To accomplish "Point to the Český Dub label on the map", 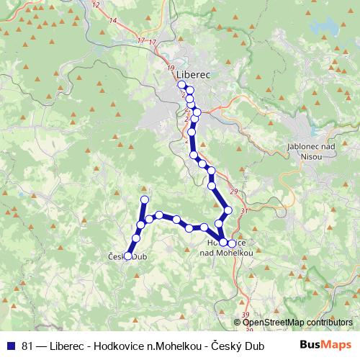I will tap(127, 256).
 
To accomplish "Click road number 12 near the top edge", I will tap(96, 5).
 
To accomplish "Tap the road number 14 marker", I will tap(112, 21).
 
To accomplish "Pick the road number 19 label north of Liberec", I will tap(170, 68).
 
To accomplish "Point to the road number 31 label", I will tap(243, 210).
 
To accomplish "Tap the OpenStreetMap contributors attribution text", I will tap(297, 322).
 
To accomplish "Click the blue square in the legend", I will tap(9, 345).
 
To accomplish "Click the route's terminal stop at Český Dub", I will tap(129, 255).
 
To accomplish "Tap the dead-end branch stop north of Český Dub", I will tap(144, 199).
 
